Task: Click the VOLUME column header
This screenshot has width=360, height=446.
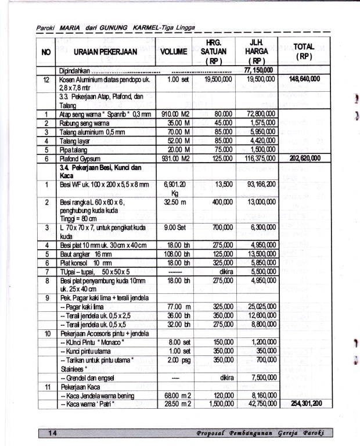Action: pyautogui.click(x=174, y=52)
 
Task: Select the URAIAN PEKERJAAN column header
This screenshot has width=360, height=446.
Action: pyautogui.click(x=106, y=52)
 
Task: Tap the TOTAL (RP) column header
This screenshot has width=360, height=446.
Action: pyautogui.click(x=303, y=51)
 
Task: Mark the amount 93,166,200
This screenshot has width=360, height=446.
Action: pyautogui.click(x=256, y=184)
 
